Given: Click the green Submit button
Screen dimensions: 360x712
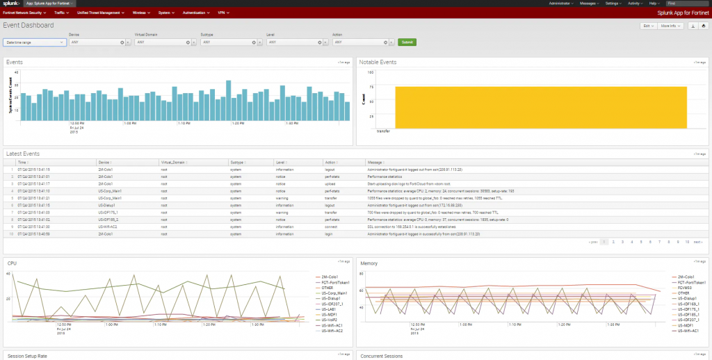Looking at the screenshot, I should (x=407, y=42).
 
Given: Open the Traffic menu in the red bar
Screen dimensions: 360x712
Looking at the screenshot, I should (x=61, y=13).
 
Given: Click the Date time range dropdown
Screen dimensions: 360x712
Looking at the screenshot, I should (x=35, y=42).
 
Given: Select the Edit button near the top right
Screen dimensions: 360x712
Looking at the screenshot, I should (x=647, y=26).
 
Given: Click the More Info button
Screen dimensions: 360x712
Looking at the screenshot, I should (x=670, y=26).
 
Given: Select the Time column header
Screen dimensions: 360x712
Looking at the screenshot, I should (x=22, y=162).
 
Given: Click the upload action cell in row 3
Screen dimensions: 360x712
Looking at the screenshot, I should (x=330, y=183).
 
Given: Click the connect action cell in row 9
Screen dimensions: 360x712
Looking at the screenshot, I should (x=331, y=226).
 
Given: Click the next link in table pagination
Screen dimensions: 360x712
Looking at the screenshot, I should (x=697, y=242).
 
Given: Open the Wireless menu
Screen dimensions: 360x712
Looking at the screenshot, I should (x=141, y=13).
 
